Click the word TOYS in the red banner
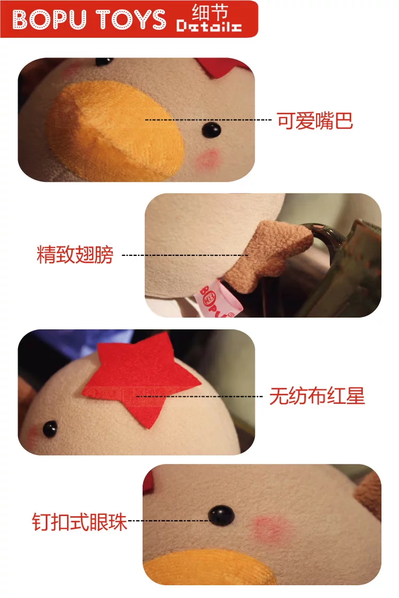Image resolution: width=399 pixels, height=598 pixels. (x=131, y=19)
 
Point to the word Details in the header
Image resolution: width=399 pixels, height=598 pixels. (x=209, y=26)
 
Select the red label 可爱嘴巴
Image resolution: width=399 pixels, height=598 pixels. (x=315, y=121)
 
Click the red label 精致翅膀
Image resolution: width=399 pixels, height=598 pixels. (x=75, y=254)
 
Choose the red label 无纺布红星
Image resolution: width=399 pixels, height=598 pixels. (x=317, y=396)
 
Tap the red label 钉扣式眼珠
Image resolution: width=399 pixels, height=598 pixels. (x=79, y=522)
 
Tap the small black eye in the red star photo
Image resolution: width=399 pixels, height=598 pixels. (x=50, y=429)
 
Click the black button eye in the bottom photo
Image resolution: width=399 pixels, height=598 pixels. (x=221, y=514)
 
